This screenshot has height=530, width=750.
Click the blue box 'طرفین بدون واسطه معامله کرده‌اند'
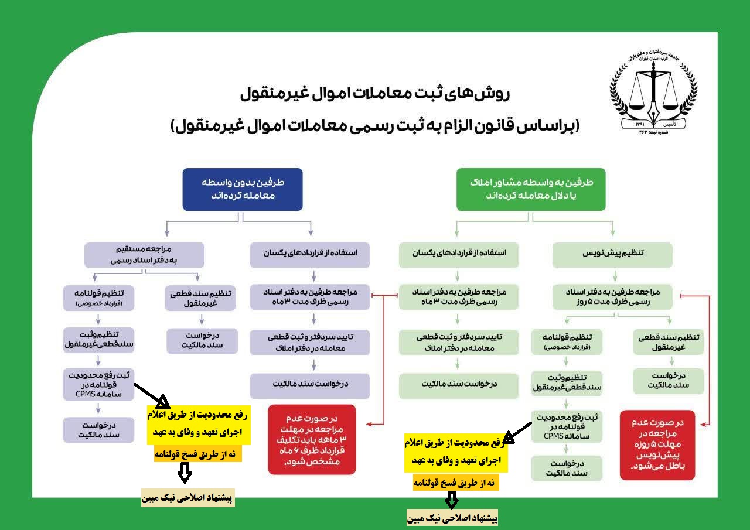[243, 189]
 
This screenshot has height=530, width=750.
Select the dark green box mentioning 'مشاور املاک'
[531, 189]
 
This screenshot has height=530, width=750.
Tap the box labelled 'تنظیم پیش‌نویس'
[612, 255]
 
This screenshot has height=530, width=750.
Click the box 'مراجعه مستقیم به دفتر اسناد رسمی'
[144, 255]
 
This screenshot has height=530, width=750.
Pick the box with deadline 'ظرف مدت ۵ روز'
[612, 297]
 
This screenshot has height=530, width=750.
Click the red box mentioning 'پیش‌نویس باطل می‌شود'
[657, 445]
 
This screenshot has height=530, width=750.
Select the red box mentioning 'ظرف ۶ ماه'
[312, 439]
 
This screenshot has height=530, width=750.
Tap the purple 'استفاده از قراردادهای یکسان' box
[310, 255]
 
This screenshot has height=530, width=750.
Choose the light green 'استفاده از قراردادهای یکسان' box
[459, 255]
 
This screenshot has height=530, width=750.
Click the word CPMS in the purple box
[86, 394]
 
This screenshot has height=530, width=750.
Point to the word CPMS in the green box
[554, 436]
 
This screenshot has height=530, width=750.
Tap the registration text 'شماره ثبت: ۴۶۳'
[653, 132]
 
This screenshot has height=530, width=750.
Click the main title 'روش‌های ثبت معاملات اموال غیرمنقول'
[375, 94]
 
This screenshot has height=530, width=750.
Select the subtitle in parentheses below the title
[375, 126]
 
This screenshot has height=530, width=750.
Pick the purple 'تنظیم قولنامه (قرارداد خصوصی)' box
[99, 298]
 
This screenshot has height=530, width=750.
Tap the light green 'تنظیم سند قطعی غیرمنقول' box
[669, 342]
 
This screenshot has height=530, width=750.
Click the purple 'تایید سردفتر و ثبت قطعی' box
[310, 342]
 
